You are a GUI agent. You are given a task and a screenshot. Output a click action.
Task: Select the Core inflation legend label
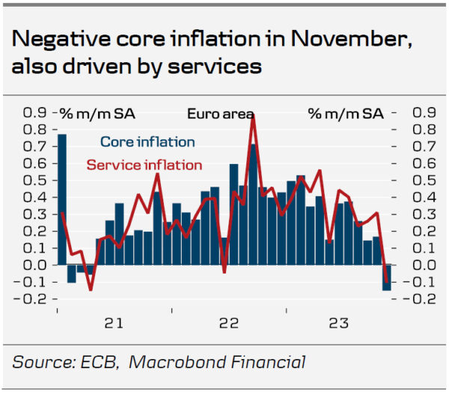tap(147, 142)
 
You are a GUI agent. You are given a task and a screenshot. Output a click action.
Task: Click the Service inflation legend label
tap(144, 165)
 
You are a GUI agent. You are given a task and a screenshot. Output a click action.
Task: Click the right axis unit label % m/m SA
tap(345, 114)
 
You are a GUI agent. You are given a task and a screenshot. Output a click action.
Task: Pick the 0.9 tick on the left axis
tap(34, 112)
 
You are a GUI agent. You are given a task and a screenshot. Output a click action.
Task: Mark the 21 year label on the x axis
tap(114, 323)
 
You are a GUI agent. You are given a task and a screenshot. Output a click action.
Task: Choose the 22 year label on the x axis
tap(228, 323)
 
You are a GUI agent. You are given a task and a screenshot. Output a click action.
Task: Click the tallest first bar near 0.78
tap(62, 199)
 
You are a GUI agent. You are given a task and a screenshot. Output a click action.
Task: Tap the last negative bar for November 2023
tap(387, 277)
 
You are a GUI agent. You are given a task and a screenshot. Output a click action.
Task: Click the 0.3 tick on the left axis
tap(34, 214)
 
